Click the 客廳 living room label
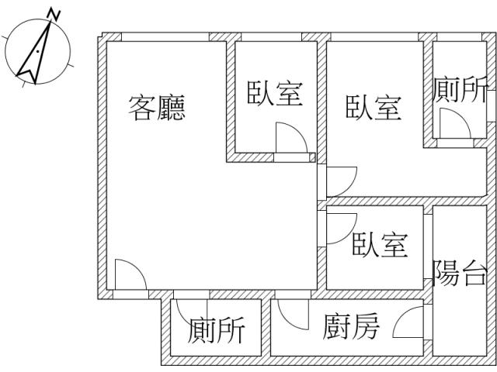point(158,108)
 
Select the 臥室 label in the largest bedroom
point(374,108)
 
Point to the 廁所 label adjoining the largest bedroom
point(461,90)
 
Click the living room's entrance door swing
point(127,276)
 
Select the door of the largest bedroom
point(339,181)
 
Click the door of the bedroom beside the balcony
point(339,228)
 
